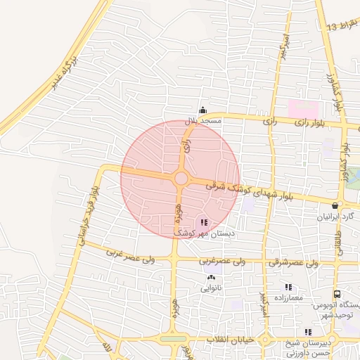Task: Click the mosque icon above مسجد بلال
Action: pos(202,109)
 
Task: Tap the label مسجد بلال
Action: pos(203,121)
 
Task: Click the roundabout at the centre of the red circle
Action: pos(181,179)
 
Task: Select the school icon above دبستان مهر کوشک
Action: pos(204,222)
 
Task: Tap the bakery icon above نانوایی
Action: pos(211,278)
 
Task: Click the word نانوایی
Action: pos(211,288)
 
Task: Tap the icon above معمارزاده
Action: pos(288,287)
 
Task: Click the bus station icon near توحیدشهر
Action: pos(337,295)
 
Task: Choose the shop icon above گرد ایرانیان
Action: pos(334,206)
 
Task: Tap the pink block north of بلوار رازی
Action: pos(303,109)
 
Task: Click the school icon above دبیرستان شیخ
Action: pos(308,332)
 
